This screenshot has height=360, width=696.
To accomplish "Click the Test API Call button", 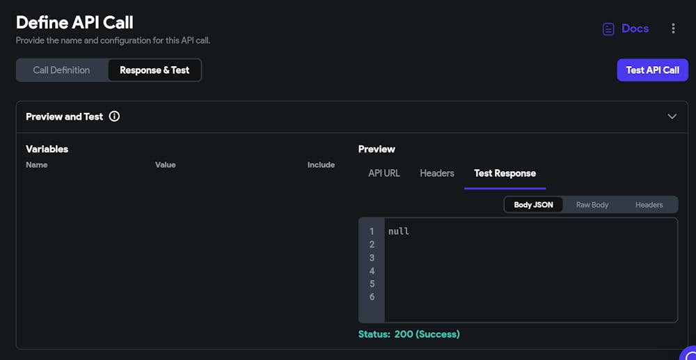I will tap(652, 70).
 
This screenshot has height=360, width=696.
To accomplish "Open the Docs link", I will tap(626, 29).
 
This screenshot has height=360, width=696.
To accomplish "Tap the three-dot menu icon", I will tap(673, 29).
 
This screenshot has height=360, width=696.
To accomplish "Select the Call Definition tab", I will tap(61, 70).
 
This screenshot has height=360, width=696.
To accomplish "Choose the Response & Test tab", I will tap(155, 70).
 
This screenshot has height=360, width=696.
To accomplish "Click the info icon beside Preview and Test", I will tap(114, 116).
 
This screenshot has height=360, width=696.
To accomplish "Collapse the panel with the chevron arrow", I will tap(672, 116).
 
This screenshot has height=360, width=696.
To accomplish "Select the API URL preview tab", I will tap(384, 173).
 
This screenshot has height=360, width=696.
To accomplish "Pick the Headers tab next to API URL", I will tap(437, 173).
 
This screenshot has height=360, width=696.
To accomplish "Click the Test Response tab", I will tap(505, 173).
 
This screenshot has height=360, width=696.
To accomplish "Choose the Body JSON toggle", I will tap(533, 205).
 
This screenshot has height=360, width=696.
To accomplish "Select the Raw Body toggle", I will tap(592, 205).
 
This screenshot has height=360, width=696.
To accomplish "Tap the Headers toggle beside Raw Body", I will tap(649, 205).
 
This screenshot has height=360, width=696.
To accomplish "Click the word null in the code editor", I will tap(399, 231).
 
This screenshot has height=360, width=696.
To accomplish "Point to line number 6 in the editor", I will tap(372, 297).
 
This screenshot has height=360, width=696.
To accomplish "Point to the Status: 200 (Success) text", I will tap(409, 334).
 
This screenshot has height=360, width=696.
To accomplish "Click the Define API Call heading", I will tap(74, 22).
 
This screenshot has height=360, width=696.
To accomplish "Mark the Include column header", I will tap(321, 165).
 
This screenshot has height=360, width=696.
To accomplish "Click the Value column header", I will tap(165, 165).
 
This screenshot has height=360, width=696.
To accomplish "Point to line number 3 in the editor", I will tap(372, 258).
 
